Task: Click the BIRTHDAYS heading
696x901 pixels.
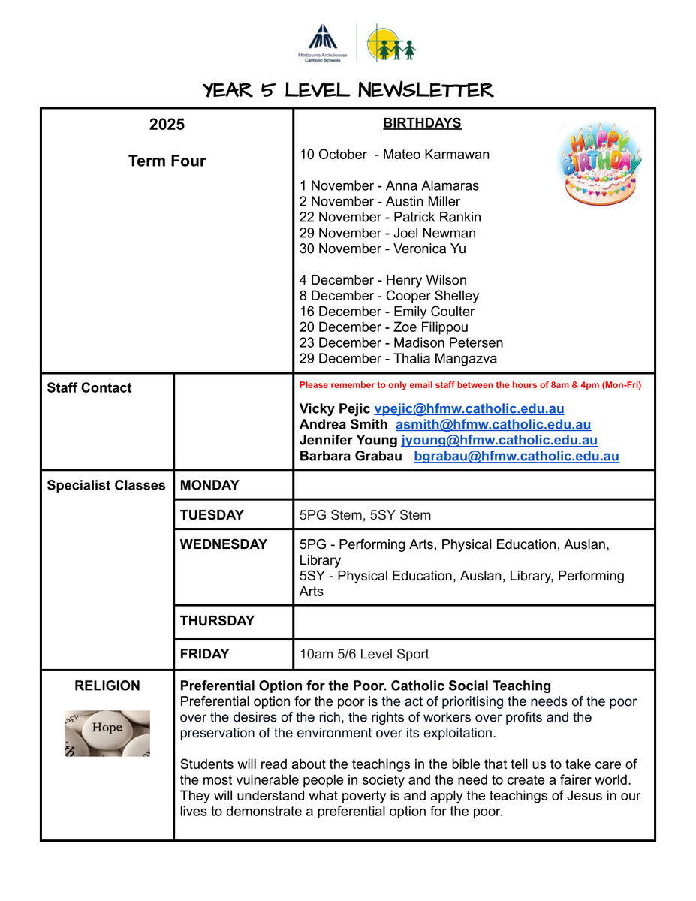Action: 422,123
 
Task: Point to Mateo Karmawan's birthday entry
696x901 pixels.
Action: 394,155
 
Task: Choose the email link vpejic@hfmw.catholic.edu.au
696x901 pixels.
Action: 469,409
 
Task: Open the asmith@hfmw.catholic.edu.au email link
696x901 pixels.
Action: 493,425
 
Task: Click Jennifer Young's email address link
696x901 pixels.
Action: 499,441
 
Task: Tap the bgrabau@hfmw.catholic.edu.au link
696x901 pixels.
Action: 517,457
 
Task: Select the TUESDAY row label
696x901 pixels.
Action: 212,515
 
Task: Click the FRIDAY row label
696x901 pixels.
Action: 204,654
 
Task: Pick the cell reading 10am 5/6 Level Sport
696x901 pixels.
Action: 364,654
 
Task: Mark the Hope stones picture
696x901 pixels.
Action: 107,732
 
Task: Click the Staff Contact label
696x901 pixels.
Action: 89,388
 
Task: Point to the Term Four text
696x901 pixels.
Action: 167,161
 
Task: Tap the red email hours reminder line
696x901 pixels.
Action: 470,385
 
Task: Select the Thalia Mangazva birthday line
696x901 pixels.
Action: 398,359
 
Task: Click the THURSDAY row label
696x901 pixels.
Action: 217,621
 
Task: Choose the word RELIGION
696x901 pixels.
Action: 107,686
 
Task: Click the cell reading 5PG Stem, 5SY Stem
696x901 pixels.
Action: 365,515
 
